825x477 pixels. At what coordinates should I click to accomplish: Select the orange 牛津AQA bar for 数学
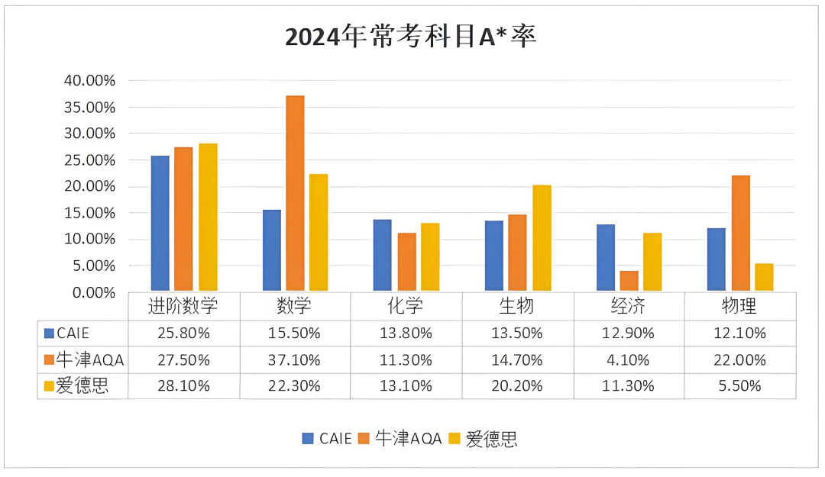(x=295, y=193)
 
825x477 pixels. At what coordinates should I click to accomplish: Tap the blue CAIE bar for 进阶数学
(x=160, y=223)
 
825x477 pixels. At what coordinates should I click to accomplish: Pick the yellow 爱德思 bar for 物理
(x=764, y=277)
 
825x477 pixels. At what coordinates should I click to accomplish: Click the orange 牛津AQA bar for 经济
(x=629, y=281)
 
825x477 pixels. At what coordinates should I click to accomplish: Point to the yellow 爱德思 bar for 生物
(x=542, y=238)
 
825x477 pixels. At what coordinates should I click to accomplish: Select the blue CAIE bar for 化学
(x=382, y=255)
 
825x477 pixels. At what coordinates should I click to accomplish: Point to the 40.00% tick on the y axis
(x=90, y=81)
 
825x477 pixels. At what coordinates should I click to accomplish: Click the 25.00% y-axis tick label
(x=90, y=160)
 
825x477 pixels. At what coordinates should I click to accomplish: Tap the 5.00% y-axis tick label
(x=93, y=266)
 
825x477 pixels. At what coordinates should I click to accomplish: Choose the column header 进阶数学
(x=183, y=307)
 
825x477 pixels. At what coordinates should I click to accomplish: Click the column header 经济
(x=629, y=307)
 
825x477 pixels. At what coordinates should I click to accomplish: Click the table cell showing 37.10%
(x=294, y=359)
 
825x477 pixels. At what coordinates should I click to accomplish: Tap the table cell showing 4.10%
(x=629, y=359)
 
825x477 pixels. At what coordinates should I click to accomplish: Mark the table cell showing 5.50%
(x=739, y=386)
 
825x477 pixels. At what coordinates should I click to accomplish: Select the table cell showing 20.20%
(x=517, y=386)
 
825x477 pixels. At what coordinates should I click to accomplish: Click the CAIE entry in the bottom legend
(x=328, y=439)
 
